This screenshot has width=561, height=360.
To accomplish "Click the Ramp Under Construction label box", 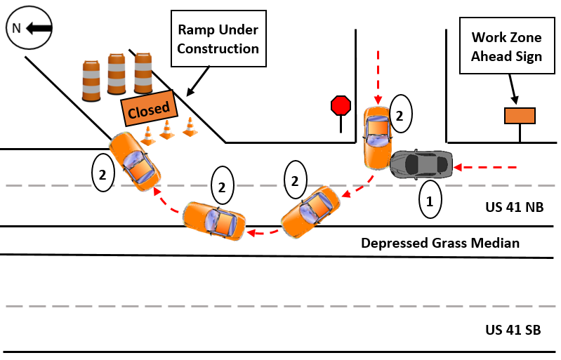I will tap(218, 39).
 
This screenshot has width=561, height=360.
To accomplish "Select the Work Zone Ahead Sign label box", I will tap(506, 46).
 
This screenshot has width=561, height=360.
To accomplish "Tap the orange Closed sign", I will tap(148, 109).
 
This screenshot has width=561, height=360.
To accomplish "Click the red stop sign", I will tap(341, 106).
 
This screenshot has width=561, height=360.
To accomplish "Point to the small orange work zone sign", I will tap(520, 116).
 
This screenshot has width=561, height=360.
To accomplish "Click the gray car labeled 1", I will tap(421, 164).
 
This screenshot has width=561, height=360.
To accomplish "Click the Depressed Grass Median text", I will tap(440, 244).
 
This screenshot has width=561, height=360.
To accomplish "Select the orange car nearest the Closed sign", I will tap(134, 161).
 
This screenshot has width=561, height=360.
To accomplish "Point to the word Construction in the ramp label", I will tap(218, 48).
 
